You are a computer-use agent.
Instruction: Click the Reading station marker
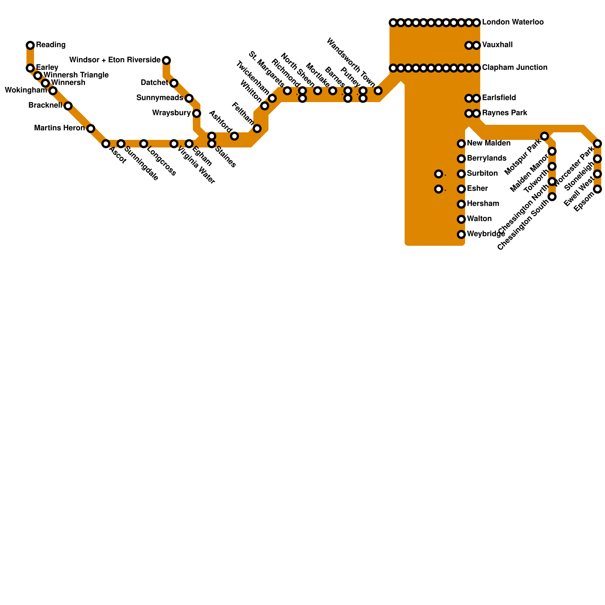(x=30, y=45)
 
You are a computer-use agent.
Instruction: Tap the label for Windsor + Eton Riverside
(x=115, y=60)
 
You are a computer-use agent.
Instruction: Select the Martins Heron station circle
(x=91, y=129)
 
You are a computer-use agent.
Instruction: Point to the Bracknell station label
(x=45, y=105)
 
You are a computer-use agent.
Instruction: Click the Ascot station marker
(x=106, y=144)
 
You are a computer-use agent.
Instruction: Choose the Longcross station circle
(x=144, y=144)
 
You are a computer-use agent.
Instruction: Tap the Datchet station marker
(x=174, y=83)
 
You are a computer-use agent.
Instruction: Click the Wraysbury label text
(x=171, y=113)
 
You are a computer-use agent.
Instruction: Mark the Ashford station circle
(x=234, y=136)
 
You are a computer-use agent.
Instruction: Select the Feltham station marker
(x=257, y=129)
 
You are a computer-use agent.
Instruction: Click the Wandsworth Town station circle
(x=378, y=91)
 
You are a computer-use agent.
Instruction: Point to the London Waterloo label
(x=513, y=22)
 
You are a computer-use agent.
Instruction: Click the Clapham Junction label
(x=515, y=68)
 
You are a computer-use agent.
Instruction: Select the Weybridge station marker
(x=461, y=234)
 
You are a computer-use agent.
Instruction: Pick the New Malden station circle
(x=461, y=144)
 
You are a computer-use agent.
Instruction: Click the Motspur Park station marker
(x=544, y=136)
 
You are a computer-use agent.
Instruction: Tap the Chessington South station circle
(x=552, y=197)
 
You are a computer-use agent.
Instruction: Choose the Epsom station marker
(x=597, y=189)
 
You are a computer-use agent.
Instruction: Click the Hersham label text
(x=483, y=204)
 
